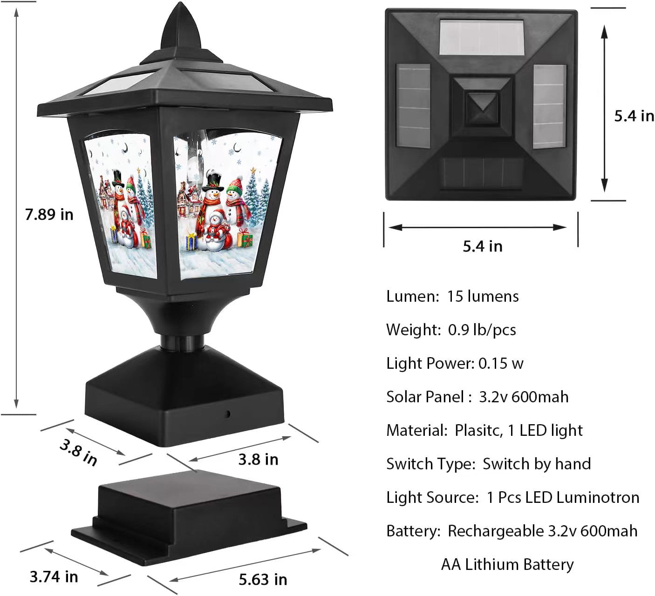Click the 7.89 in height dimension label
(x=49, y=215)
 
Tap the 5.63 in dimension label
(x=263, y=580)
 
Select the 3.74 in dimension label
(x=54, y=577)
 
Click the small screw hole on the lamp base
(x=228, y=414)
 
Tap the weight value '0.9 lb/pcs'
(x=482, y=330)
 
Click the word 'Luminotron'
(x=598, y=498)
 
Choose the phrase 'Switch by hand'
(x=537, y=464)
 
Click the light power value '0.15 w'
(x=501, y=363)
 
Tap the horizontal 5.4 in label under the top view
(x=483, y=246)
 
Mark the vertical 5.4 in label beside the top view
(x=634, y=116)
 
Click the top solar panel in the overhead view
(x=481, y=37)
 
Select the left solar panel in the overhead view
(x=413, y=106)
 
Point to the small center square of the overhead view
(x=482, y=108)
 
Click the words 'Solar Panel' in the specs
(x=425, y=397)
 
